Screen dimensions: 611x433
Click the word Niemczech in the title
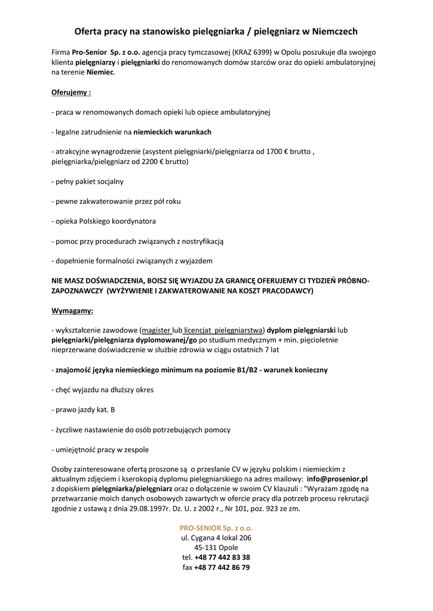click(330, 31)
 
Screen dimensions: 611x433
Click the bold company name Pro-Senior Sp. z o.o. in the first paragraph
click(105, 52)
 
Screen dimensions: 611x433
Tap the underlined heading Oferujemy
click(71, 92)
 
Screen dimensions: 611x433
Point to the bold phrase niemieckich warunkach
click(172, 132)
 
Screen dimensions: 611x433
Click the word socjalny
click(108, 181)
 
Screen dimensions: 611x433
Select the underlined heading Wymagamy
click(72, 311)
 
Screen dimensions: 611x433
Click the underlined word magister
click(156, 330)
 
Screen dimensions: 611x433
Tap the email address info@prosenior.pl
click(337, 479)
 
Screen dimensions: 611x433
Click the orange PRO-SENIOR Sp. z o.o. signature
click(216, 528)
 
